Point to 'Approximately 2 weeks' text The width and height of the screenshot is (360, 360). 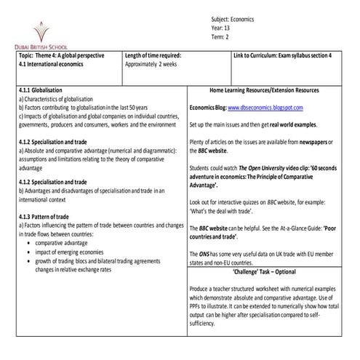pyautogui.click(x=157, y=64)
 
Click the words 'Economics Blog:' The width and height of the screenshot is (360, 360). pyautogui.click(x=207, y=107)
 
